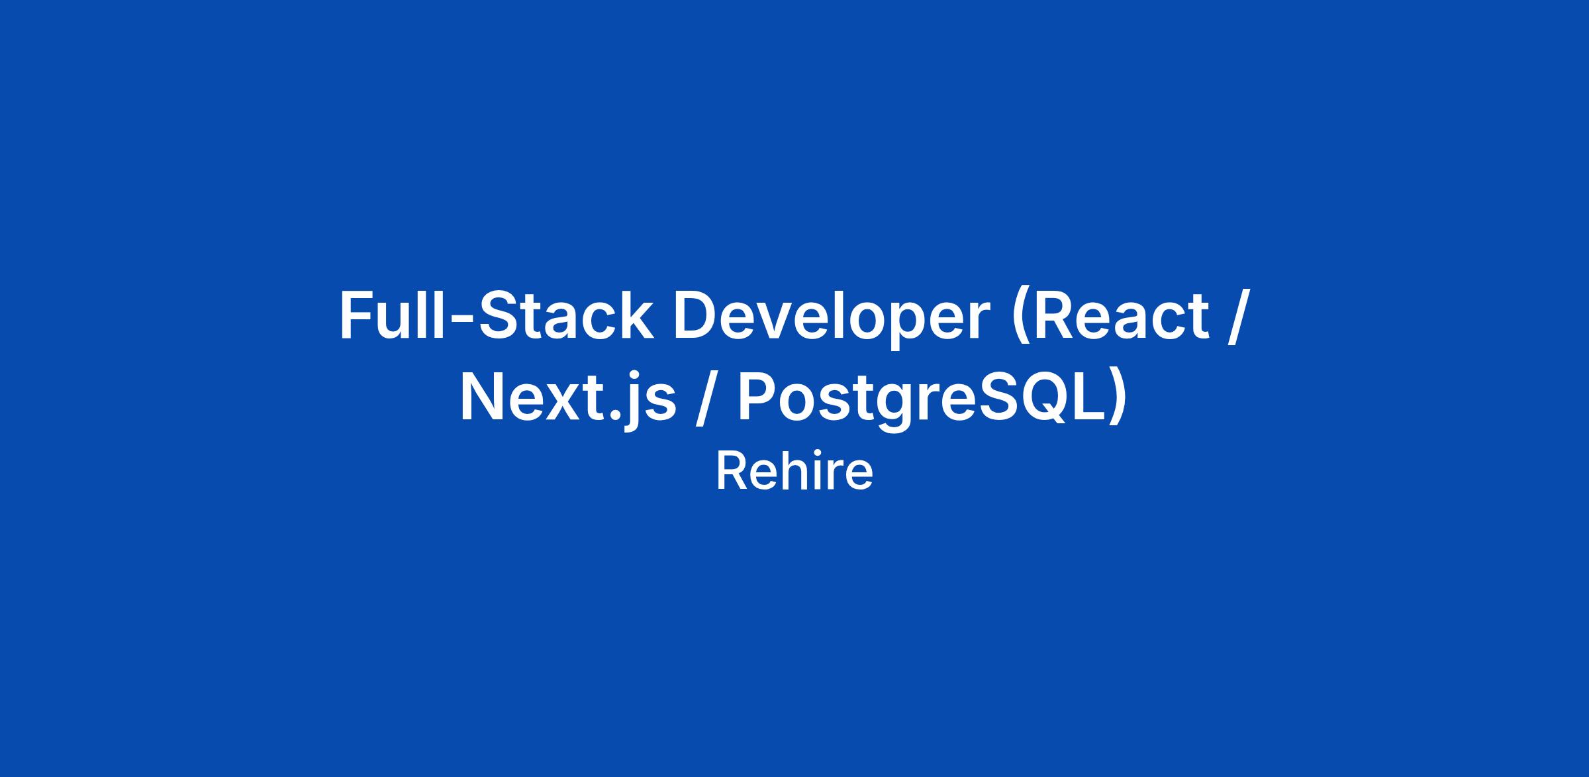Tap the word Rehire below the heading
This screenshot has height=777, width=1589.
[794, 472]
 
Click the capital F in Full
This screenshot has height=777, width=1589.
[357, 316]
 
